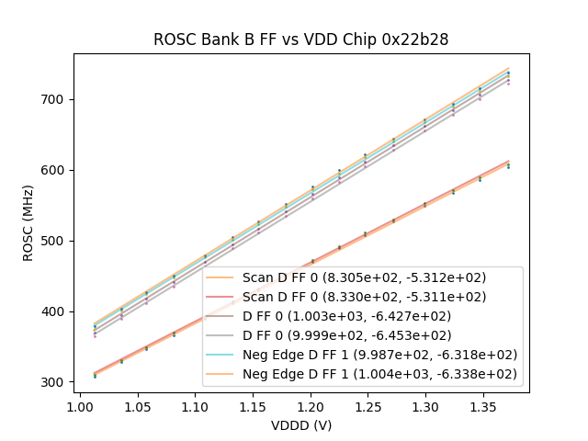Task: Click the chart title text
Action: point(300,40)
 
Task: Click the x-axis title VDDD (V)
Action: point(300,425)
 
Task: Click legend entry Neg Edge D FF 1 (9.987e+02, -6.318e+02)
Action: point(379,355)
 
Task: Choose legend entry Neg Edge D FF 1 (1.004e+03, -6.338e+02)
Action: point(379,374)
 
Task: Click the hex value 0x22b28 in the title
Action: point(416,40)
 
